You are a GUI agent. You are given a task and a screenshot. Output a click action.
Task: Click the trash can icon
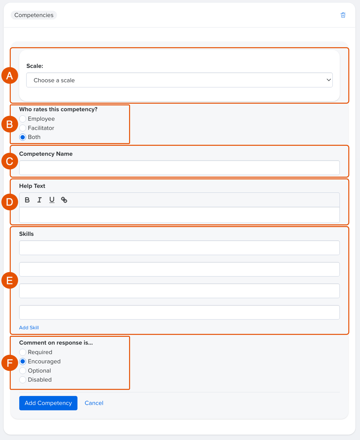coord(343,15)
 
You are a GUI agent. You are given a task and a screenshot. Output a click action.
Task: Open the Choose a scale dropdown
coord(179,80)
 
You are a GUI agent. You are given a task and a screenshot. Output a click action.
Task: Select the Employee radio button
coord(23,119)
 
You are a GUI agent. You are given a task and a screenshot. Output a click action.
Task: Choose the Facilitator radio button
coord(23,128)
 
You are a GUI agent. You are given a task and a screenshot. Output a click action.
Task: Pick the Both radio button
coord(23,137)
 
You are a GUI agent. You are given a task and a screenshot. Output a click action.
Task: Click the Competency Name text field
coord(179,168)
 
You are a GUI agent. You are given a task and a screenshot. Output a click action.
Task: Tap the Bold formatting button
coord(27,200)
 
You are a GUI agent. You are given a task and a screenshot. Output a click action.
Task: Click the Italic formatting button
coord(39,200)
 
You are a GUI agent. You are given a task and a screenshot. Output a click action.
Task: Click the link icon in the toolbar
coord(64,200)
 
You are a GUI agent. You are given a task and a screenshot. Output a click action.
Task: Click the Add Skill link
coord(29,327)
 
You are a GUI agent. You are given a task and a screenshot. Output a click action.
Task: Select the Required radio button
coord(23,352)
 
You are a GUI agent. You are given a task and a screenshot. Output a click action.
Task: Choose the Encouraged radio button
coord(23,362)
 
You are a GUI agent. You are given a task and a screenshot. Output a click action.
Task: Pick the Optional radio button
coord(23,371)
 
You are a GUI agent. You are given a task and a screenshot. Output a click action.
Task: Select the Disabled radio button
coord(23,380)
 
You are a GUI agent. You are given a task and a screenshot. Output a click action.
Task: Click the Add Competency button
coord(48,403)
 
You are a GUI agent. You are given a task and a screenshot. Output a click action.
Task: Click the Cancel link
coord(94,403)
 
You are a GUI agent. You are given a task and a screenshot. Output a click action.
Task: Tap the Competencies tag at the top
coord(34,15)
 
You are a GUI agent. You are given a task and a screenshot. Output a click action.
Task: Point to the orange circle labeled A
coord(10,75)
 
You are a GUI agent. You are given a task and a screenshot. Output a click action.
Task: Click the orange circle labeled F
coord(10,363)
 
